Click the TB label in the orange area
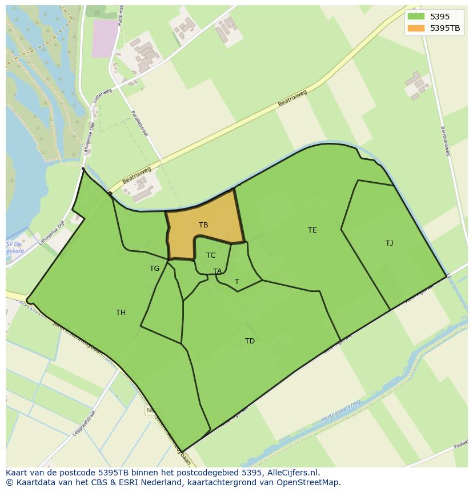[203, 225]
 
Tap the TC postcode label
[211, 255]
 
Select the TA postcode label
[217, 271]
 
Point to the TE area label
[312, 230]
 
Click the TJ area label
[389, 243]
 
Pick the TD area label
[250, 341]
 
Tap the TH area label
[121, 313]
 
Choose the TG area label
[154, 269]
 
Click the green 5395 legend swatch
[416, 17]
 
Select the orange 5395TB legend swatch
[416, 28]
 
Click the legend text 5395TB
[446, 28]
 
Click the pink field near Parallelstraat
[104, 38]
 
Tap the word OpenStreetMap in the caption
[311, 482]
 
